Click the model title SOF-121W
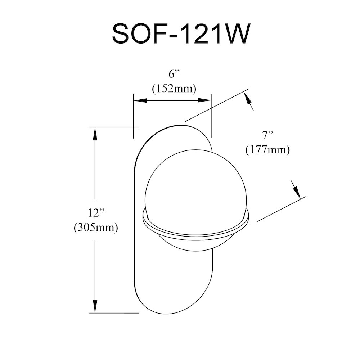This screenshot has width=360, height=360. coord(180,34)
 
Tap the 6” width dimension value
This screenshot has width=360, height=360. coord(174,75)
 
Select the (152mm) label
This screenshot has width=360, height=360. coord(174,89)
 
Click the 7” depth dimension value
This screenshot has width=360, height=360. coord(268,135)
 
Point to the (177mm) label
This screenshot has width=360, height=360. coord(267,150)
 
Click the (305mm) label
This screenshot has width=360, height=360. coord(96,228)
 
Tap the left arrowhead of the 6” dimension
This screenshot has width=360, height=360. coord(140,100)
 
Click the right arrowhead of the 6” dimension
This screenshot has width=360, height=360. coord(204,100)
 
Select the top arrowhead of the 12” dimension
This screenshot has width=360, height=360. coord(95,134)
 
